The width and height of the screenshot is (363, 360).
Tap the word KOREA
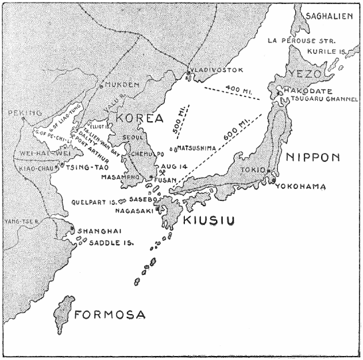click(x=140, y=118)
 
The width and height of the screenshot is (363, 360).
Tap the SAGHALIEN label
click(x=328, y=15)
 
